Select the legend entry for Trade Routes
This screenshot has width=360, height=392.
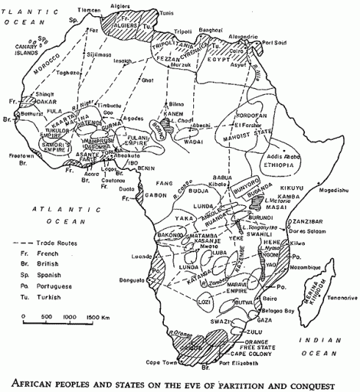pos(55,243)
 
